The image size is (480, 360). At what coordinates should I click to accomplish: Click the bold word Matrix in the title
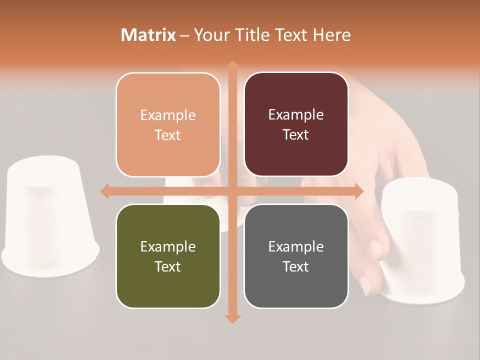(x=148, y=35)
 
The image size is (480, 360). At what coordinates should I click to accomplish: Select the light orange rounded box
(x=168, y=124)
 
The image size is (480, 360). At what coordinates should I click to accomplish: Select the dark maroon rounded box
(x=296, y=124)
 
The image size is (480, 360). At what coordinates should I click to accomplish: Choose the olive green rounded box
(x=168, y=256)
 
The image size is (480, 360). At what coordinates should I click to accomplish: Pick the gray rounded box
(x=296, y=256)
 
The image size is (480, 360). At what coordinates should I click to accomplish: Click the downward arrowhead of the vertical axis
(x=232, y=319)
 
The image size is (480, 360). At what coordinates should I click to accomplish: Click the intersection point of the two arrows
(x=232, y=191)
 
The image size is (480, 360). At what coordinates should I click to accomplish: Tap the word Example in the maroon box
(x=296, y=114)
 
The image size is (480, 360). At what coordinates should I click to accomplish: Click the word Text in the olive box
(x=168, y=266)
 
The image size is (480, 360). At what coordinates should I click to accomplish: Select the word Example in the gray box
(x=296, y=246)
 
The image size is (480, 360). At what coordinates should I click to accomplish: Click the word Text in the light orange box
(x=168, y=135)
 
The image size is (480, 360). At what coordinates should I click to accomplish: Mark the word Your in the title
(x=211, y=35)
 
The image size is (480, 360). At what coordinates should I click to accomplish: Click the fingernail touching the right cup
(x=376, y=246)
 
